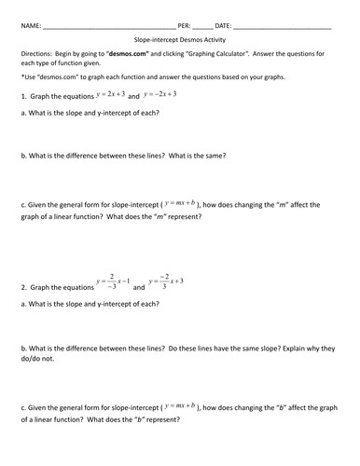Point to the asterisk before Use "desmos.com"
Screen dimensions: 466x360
point(21,77)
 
